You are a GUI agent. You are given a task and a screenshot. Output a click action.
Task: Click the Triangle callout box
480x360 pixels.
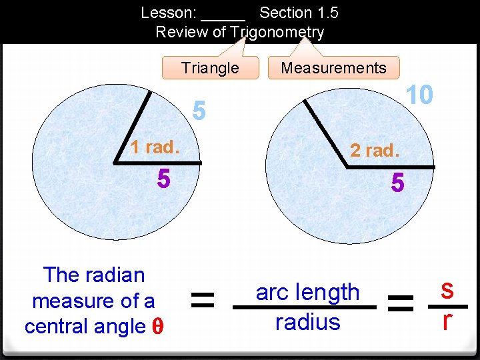(x=210, y=68)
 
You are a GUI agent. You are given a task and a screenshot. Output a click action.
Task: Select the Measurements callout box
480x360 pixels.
(x=333, y=67)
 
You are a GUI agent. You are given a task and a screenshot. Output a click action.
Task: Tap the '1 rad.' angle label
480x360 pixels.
(x=154, y=147)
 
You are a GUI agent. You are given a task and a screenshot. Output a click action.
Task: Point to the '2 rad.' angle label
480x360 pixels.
(x=375, y=151)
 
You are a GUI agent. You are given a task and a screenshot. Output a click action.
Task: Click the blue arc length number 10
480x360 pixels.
(x=420, y=95)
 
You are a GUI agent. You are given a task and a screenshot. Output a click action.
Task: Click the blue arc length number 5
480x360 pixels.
(x=199, y=111)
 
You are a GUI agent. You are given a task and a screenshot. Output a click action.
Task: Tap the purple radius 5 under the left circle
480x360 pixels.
(x=164, y=179)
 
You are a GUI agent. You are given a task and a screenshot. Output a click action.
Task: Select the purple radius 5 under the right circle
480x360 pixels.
(x=397, y=183)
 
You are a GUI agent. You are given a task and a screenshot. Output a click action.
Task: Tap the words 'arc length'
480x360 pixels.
(x=307, y=291)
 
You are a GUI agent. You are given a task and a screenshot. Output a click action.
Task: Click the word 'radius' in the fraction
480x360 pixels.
(x=307, y=322)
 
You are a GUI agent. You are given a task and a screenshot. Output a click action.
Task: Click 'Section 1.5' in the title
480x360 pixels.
(x=299, y=13)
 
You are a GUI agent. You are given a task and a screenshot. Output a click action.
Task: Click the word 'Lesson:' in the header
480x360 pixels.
(x=167, y=13)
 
